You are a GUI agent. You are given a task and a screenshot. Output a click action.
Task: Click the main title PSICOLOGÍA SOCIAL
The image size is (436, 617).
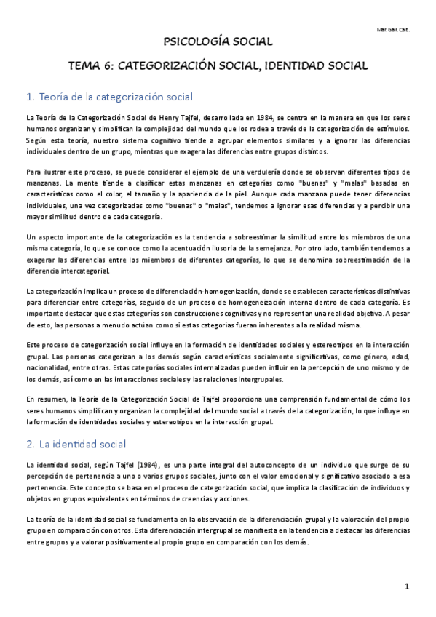pyautogui.click(x=218, y=42)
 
